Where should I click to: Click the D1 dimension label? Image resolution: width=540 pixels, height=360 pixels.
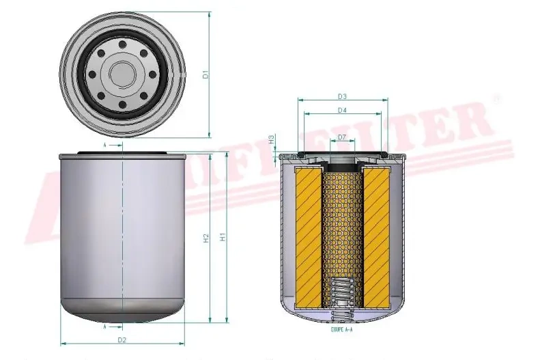click(x=205, y=74)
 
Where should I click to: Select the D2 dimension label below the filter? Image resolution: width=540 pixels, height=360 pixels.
click(x=122, y=340)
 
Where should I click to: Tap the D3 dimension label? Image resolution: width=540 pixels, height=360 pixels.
click(x=342, y=96)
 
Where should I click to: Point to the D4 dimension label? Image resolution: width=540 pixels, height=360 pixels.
click(x=342, y=110)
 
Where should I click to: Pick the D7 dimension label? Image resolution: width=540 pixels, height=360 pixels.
click(x=342, y=138)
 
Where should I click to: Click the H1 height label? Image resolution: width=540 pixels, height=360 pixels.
click(x=223, y=238)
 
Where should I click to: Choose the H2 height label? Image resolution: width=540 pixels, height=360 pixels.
click(x=205, y=238)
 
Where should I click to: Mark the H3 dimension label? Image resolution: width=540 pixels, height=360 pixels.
click(x=271, y=139)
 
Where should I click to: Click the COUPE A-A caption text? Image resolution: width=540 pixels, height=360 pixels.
click(x=341, y=330)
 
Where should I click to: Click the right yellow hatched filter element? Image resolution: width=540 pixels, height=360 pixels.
click(x=378, y=237)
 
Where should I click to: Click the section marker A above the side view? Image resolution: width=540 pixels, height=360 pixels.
click(x=105, y=146)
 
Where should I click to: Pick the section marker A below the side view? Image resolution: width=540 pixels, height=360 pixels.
click(x=105, y=327)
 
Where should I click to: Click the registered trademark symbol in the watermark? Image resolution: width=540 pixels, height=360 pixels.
click(x=496, y=100)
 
